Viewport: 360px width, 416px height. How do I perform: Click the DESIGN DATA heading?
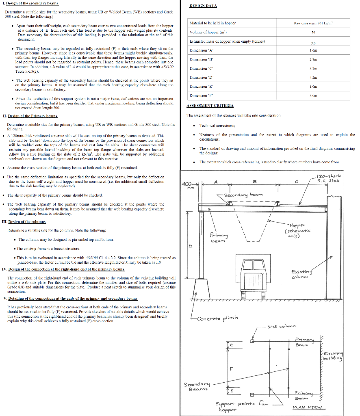[203, 6]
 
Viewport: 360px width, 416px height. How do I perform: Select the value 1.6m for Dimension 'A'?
[313, 51]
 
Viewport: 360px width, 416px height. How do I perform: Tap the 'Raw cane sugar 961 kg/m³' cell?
[313, 24]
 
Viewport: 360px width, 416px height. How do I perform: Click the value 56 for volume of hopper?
[313, 32]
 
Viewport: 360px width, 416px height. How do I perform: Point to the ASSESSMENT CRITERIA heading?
[210, 106]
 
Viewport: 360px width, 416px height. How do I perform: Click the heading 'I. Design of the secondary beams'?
[31, 3]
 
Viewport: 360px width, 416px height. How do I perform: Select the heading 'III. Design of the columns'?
[24, 222]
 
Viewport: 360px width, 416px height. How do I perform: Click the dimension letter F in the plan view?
[231, 369]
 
